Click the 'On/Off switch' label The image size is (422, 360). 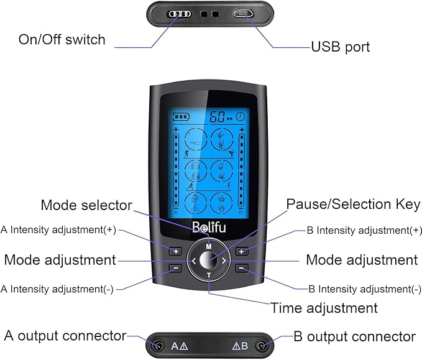(x=62, y=40)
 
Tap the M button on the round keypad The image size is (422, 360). (x=209, y=247)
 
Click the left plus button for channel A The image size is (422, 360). (x=176, y=251)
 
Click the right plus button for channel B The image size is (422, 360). (x=242, y=251)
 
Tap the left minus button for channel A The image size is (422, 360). (x=176, y=269)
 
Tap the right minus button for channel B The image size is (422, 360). (x=242, y=269)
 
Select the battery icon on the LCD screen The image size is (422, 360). (x=181, y=116)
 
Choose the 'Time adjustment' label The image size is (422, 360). (x=324, y=308)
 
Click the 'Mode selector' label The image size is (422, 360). (x=86, y=205)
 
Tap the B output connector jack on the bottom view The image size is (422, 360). (x=264, y=346)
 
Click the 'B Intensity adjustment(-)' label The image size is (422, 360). (x=360, y=289)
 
